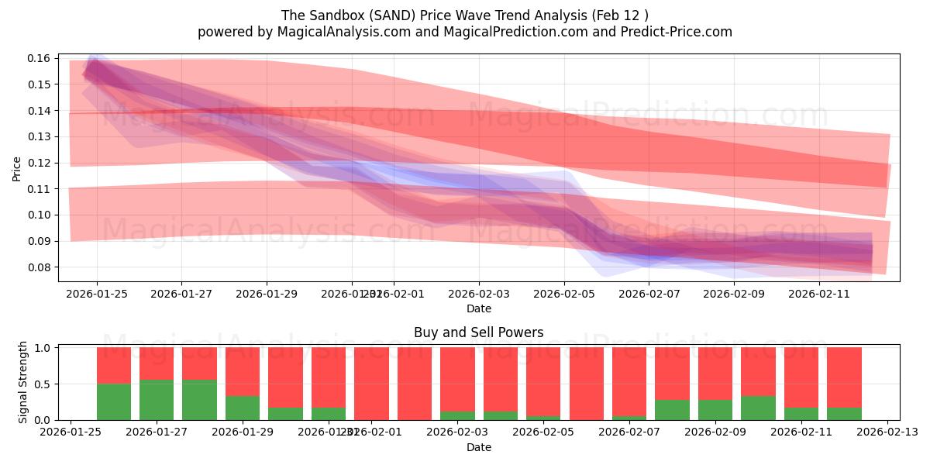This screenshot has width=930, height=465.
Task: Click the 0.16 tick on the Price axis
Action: point(40,58)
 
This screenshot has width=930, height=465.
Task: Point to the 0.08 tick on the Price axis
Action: point(40,267)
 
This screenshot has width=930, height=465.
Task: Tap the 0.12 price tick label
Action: point(40,163)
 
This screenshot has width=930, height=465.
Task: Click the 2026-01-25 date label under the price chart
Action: point(97,294)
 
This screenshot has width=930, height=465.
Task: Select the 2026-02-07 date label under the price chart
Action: point(649,294)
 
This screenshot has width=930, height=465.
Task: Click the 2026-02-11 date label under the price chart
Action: point(819,294)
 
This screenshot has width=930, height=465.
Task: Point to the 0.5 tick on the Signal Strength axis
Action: point(43,384)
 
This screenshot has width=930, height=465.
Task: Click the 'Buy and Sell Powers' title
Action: point(478,332)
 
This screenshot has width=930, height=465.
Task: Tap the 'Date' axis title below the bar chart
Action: point(478,447)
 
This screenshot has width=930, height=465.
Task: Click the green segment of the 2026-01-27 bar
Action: point(157,400)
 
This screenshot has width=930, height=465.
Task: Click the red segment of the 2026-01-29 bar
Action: point(243,371)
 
